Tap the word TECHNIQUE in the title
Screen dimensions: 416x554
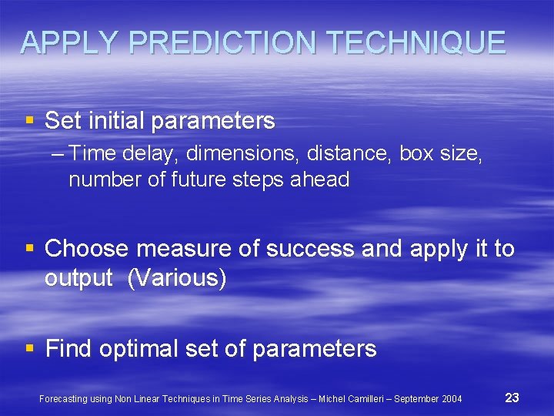coord(413,43)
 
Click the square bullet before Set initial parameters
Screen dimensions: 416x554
coord(29,121)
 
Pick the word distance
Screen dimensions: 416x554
coord(349,154)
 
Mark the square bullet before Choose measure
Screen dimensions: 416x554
coord(29,249)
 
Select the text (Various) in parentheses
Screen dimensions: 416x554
coord(177,278)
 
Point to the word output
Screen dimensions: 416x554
coord(79,278)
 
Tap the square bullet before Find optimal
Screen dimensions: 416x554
coord(29,349)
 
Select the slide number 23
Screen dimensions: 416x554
coord(512,398)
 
